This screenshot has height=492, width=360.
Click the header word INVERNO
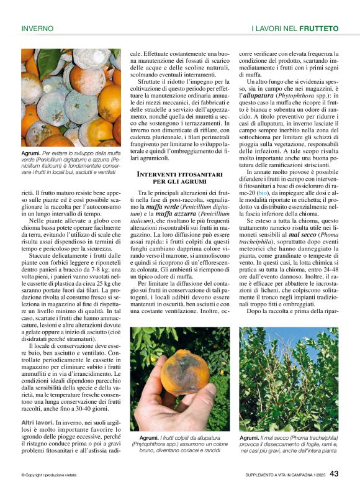pos(37,29)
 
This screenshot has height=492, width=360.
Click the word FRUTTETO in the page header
pos(318,29)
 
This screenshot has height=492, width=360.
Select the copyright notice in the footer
pos(48,475)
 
